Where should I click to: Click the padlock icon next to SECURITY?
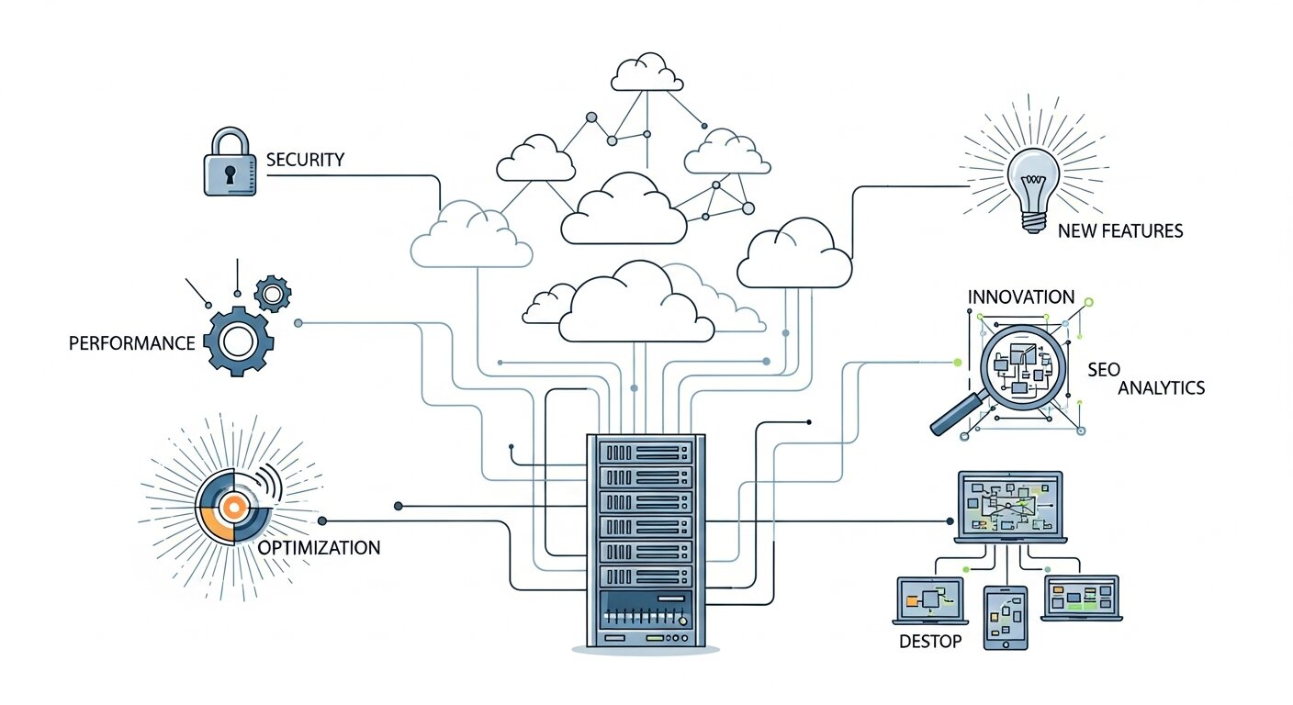(230, 165)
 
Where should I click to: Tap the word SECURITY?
(305, 160)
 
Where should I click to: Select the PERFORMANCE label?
(132, 343)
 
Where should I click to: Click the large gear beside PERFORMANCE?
(238, 342)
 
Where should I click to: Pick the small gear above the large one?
(272, 294)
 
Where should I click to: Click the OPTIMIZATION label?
(319, 548)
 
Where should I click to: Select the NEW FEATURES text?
(1120, 231)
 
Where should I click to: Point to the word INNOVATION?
(1020, 297)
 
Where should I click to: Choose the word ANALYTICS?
(1161, 388)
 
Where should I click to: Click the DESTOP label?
(930, 641)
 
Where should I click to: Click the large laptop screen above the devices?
(1010, 505)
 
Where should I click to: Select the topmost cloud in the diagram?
(647, 73)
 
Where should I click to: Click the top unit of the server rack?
(645, 452)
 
